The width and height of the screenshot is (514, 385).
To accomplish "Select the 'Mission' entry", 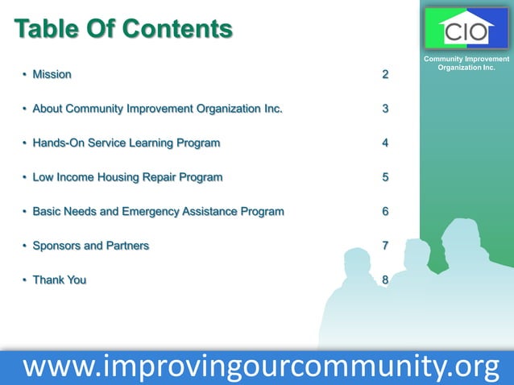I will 52,75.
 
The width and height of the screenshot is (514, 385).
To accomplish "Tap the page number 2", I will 385,75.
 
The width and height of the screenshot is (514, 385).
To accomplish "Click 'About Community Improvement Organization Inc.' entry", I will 157,109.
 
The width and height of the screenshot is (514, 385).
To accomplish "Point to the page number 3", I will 385,109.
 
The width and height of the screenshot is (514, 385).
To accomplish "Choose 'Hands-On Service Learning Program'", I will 126,143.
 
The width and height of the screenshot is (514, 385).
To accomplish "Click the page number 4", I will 385,143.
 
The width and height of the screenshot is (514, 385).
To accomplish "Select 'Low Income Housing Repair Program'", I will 127,177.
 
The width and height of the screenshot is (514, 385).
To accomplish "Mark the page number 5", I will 385,177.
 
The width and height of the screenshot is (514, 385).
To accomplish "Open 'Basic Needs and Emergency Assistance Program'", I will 158,212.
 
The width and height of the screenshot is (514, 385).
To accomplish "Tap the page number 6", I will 385,212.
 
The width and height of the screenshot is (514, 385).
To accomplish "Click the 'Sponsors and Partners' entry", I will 90,246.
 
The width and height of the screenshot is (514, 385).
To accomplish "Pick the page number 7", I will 385,246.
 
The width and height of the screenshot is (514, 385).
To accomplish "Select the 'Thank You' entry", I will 59,280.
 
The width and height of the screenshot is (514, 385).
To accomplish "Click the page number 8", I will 385,280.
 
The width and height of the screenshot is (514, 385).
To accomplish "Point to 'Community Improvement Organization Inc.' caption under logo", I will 466,63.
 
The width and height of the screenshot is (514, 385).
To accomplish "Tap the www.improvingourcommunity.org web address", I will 261,366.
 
